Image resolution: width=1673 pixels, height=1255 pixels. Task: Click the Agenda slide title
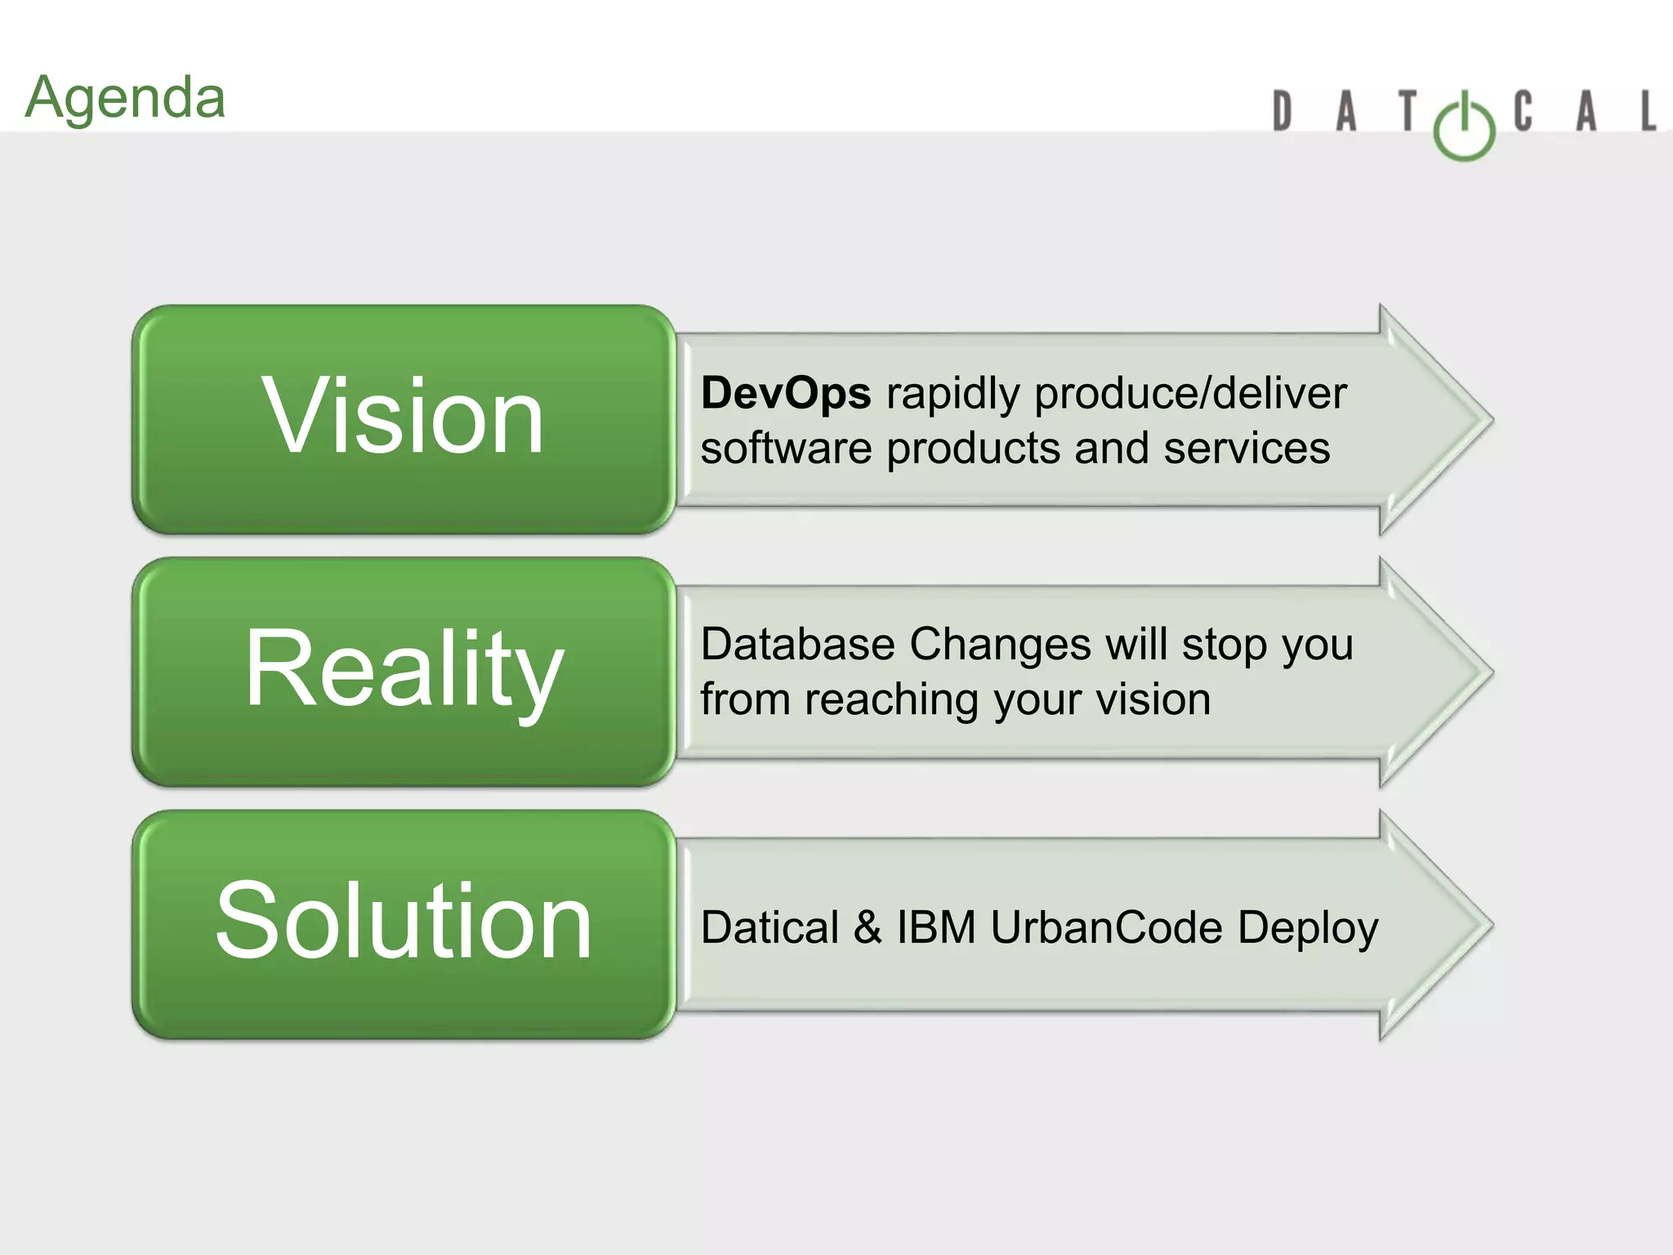click(125, 98)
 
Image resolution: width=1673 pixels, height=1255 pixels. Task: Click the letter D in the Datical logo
click(1283, 112)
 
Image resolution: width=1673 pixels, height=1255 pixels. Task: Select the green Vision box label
click(403, 417)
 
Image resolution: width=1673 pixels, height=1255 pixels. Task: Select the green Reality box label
click(404, 670)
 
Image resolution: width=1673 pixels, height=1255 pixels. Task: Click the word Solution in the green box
click(404, 922)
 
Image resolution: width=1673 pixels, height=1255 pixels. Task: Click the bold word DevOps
click(786, 393)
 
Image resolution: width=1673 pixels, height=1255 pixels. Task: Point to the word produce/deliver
click(1190, 395)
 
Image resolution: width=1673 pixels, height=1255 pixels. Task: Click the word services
click(1247, 449)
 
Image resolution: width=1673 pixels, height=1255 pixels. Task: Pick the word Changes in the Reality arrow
click(1000, 645)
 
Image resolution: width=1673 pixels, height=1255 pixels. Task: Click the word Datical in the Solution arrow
click(770, 928)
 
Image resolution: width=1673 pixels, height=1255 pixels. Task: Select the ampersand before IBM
click(868, 928)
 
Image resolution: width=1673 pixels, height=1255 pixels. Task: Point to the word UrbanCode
click(1106, 928)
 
